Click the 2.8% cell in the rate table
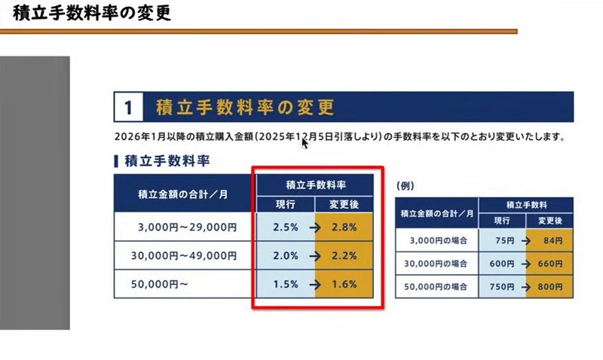(342, 227)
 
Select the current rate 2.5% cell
(285, 227)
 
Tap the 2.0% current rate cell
(285, 255)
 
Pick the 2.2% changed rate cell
(342, 255)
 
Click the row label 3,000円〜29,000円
(188, 227)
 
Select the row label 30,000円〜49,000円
(188, 255)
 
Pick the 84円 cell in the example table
(550, 241)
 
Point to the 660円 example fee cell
(550, 264)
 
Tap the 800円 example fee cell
(550, 287)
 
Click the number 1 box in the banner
(129, 108)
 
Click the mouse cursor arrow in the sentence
(305, 142)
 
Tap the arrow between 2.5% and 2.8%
(314, 227)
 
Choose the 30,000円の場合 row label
(436, 264)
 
